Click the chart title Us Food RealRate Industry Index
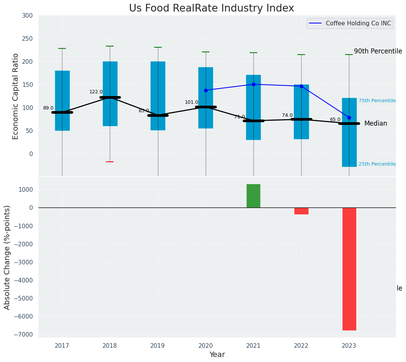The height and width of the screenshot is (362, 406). point(211,8)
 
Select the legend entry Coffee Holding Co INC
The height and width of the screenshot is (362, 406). point(358,23)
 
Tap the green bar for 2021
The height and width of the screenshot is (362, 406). point(253,196)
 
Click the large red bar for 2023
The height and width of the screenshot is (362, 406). point(349,269)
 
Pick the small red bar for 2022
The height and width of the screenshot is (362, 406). point(301,211)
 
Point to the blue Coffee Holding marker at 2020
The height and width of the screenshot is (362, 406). point(206,90)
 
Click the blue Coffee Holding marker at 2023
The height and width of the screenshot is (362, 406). point(349,118)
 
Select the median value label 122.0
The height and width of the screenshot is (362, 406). point(96,92)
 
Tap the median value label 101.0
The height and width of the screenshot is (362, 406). point(191,102)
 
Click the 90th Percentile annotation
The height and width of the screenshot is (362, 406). point(378,51)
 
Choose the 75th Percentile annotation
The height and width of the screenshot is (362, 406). point(377,101)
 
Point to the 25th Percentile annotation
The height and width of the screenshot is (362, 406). point(377,164)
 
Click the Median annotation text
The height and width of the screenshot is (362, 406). point(376,124)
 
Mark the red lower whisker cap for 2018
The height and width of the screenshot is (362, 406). point(110,162)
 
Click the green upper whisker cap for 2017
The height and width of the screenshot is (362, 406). point(62,48)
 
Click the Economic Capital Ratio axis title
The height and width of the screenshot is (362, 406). point(16,96)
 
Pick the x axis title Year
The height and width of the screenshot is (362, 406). point(217,355)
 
